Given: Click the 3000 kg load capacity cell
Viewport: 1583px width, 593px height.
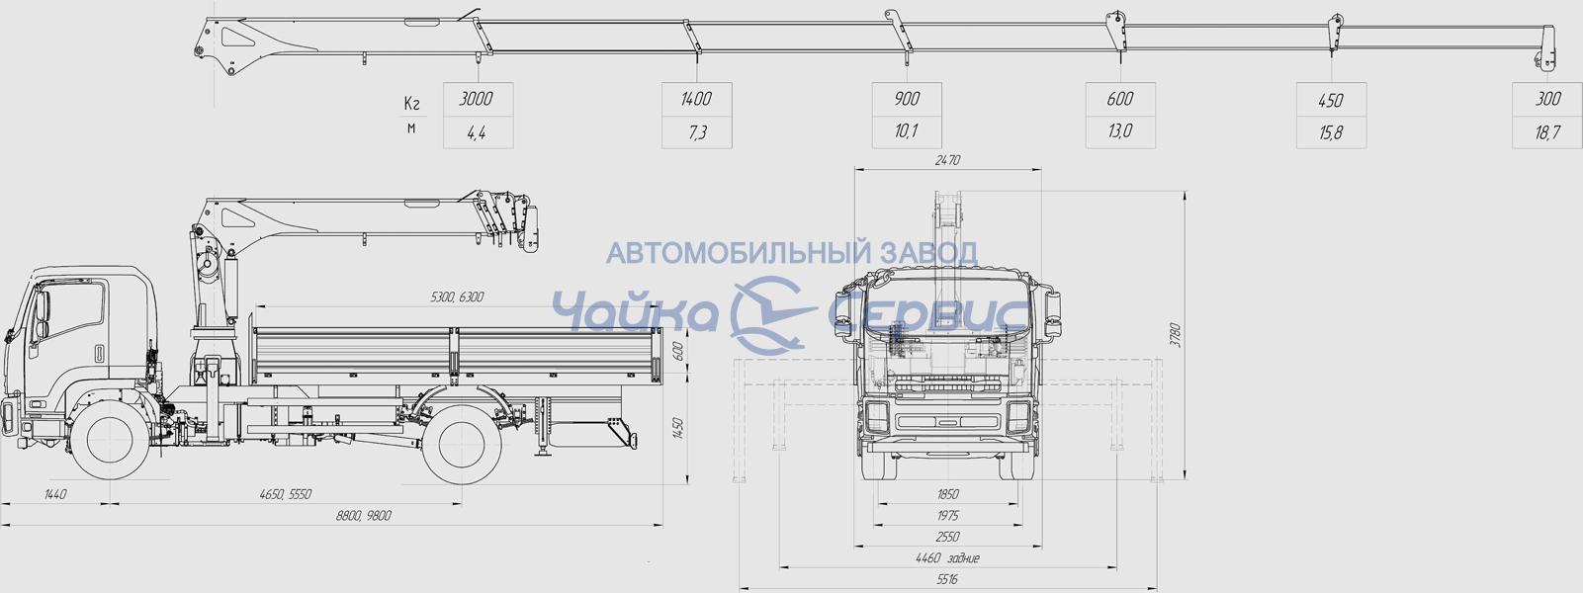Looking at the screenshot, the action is pos(478,99).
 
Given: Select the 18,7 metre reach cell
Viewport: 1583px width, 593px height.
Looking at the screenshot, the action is pos(1547,132).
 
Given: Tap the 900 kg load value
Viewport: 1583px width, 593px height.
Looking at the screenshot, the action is pos(907,99).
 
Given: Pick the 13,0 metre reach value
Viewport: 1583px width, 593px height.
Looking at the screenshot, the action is pos(1120,131).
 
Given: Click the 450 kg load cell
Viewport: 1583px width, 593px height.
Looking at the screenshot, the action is pos(1332,100).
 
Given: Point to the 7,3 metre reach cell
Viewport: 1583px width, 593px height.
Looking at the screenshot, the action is pos(697,132).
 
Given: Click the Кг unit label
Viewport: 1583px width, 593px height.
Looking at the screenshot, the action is pos(412,103).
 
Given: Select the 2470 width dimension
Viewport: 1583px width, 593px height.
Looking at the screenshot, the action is pos(947,160).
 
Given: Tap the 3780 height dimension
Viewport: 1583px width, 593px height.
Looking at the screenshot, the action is pos(1175,335).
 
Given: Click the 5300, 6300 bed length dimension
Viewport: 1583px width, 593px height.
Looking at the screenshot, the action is pos(457,296).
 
